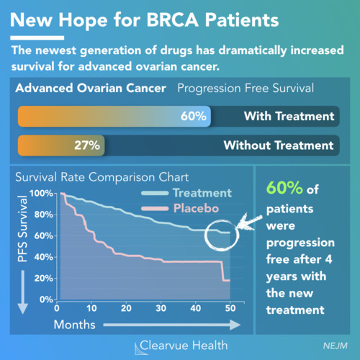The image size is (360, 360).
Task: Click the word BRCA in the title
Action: click(x=172, y=19)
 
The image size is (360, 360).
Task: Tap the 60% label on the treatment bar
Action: click(x=194, y=116)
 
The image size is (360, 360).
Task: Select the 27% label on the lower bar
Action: click(x=87, y=145)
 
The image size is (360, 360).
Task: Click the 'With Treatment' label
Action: click(x=289, y=116)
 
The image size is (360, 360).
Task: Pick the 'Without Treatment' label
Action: click(x=279, y=145)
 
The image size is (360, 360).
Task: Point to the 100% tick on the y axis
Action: click(x=41, y=193)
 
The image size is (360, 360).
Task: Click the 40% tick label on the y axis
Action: click(x=43, y=257)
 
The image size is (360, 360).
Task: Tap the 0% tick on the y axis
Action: click(x=46, y=300)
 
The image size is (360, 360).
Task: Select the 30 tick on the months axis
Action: click(x=161, y=308)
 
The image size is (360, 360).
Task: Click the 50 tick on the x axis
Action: click(x=230, y=308)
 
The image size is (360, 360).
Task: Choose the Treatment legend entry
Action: click(x=186, y=193)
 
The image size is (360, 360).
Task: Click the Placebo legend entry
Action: click(x=180, y=208)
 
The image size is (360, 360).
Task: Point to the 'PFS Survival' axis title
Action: click(x=22, y=228)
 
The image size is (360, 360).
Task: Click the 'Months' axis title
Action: click(x=74, y=325)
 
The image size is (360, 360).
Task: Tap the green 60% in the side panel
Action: click(x=284, y=187)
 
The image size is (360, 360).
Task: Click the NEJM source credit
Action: click(x=336, y=346)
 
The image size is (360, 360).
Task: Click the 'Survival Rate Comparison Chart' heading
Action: click(x=102, y=177)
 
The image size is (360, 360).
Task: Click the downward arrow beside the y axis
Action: click(x=23, y=292)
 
